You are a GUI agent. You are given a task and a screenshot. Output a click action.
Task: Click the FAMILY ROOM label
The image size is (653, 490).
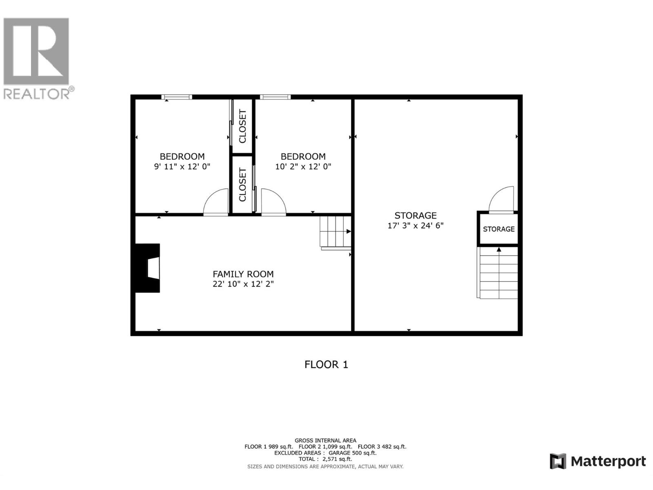[243, 274]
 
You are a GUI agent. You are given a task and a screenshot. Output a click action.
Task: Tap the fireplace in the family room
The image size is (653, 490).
[147, 268]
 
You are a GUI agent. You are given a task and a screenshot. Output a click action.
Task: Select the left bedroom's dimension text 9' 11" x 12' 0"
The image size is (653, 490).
[182, 167]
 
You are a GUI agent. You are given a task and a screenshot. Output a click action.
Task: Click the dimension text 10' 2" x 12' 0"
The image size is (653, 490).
[303, 167]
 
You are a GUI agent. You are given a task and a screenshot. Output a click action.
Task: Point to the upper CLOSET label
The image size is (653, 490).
[242, 126]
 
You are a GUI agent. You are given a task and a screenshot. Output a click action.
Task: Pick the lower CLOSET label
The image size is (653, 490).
[242, 185]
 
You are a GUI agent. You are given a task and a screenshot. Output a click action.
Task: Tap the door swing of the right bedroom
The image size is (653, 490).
[273, 202]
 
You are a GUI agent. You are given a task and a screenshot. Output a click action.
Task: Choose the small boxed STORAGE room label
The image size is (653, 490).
[499, 229]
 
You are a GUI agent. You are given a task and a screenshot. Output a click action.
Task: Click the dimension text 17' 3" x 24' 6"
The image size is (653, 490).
[415, 225]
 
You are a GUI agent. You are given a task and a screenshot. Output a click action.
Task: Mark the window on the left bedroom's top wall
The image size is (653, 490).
[177, 97]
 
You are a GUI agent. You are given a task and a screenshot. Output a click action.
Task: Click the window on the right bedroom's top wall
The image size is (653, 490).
[275, 97]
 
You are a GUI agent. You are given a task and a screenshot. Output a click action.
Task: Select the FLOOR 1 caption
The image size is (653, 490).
[326, 365]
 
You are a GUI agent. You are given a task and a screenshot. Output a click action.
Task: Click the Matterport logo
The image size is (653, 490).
[597, 461]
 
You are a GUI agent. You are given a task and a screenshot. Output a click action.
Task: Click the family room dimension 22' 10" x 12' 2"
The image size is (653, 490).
[243, 284]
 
